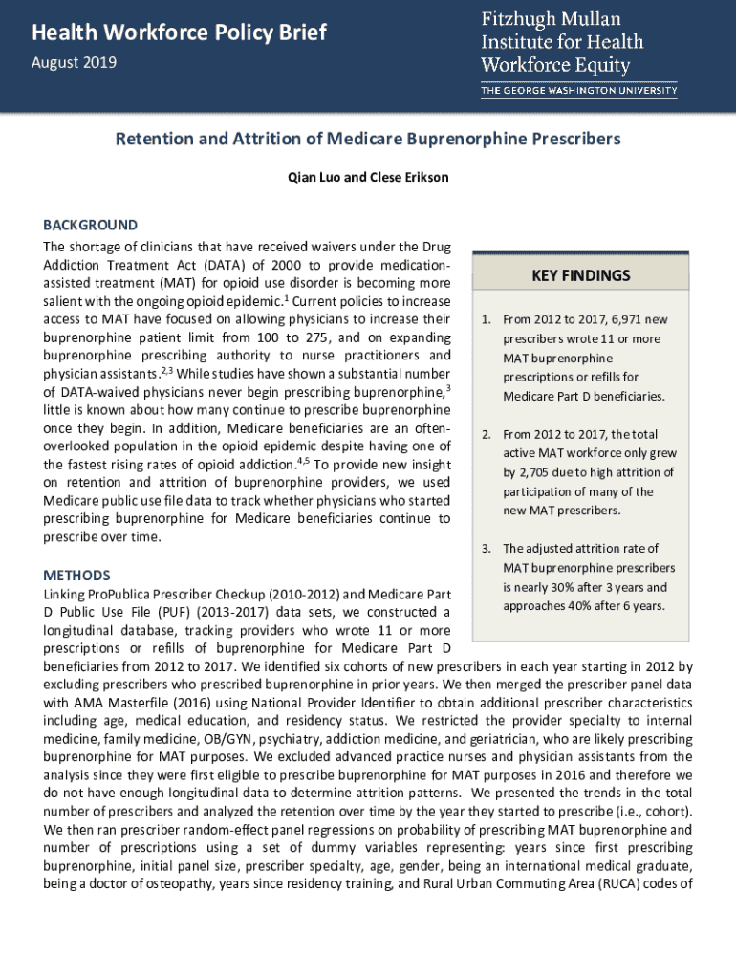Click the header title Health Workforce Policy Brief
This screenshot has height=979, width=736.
point(180,33)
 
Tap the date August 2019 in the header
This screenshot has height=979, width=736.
point(75,63)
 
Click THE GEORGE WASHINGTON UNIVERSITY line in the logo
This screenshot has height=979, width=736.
point(578,91)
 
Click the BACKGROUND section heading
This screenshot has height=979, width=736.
point(91,226)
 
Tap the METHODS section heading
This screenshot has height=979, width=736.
point(77,576)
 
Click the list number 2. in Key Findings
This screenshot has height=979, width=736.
point(485,434)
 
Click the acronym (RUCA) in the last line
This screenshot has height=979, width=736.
point(622,884)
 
